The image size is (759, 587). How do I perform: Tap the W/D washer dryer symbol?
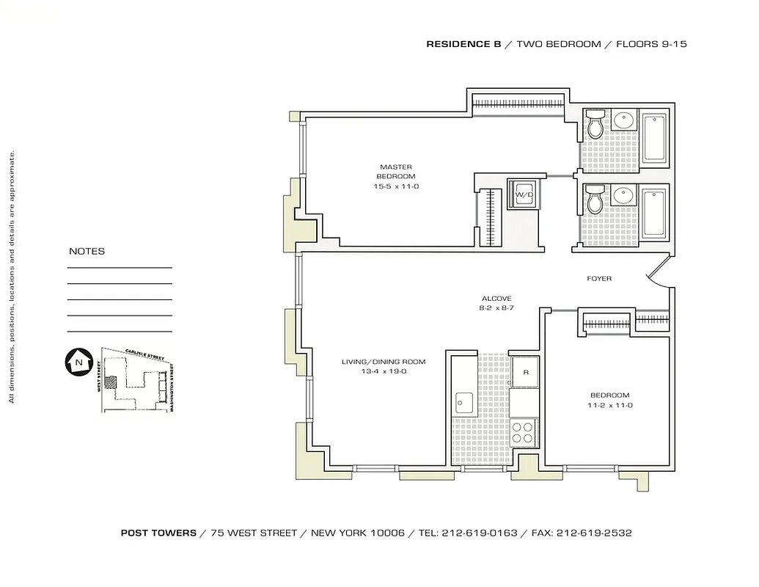tap(524, 194)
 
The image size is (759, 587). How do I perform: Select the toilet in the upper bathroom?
tap(595, 125)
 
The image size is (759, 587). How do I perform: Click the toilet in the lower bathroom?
tap(595, 199)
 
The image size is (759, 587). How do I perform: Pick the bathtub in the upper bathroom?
tap(654, 139)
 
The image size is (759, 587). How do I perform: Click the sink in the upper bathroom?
tap(624, 122)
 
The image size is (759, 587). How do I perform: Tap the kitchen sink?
tap(463, 401)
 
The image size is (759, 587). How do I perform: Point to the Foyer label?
tap(599, 279)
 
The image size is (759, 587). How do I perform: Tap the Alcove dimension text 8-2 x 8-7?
tap(496, 308)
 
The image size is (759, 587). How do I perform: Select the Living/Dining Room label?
tap(384, 362)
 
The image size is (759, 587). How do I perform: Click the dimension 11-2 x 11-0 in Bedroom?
tap(609, 405)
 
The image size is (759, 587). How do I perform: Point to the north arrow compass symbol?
tap(77, 361)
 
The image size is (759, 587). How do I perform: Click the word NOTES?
tap(87, 251)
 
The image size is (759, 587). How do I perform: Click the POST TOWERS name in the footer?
tap(158, 533)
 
